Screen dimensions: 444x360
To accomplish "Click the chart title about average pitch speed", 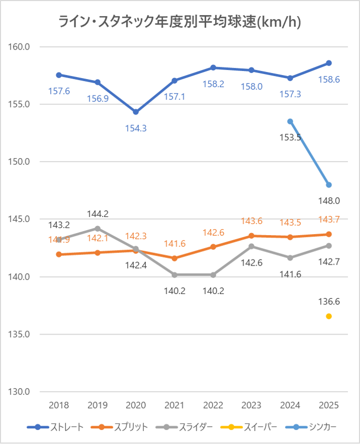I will point(180,22).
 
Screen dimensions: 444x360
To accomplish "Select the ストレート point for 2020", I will point(136,112).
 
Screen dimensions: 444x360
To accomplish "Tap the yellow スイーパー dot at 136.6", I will point(329,316).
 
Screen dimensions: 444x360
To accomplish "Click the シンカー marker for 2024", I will point(290,121).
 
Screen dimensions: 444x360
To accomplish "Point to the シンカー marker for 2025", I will point(329,184).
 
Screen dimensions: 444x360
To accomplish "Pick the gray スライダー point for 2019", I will point(97,229).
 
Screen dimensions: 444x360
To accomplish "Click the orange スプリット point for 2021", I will point(175,258).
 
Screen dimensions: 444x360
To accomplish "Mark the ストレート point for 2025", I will point(329,63).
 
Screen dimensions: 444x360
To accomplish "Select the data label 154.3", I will point(136,128).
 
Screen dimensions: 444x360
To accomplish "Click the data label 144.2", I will point(97,213).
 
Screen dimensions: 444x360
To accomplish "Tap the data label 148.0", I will point(329,201).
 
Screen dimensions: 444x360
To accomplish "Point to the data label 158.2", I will point(213,84).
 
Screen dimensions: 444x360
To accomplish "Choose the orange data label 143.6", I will point(252,221).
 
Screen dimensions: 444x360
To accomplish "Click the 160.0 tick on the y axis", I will point(20,47).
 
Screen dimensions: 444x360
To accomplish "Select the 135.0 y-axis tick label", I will point(20,335).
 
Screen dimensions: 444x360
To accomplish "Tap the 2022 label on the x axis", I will point(213,405).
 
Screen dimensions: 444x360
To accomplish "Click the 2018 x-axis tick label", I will point(59,405).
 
